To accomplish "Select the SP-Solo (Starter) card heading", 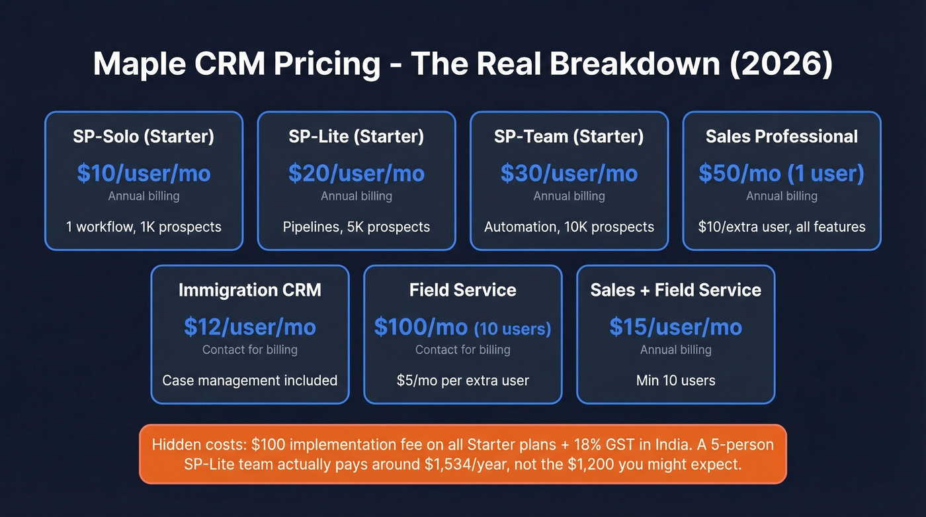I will coord(144,136).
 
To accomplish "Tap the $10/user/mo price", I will coord(144,173).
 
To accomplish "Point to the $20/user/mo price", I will coord(357,173).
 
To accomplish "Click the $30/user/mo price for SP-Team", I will coord(569,173).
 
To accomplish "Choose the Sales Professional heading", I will coord(782,136).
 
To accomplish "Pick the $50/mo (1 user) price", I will coord(782,173).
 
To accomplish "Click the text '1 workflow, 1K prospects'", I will coord(144,227).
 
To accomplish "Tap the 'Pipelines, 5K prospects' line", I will coord(357,227).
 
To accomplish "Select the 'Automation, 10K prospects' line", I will coord(569,227).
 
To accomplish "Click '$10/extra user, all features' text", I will coord(782,227).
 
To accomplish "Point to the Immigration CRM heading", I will coord(250,290).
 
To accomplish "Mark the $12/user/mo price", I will coord(250,327).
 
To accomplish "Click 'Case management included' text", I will coord(250,381).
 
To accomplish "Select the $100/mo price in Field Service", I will coord(421,327).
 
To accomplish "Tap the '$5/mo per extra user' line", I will coord(463,381).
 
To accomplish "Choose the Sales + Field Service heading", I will coord(675,290).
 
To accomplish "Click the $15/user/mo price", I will coord(675,327).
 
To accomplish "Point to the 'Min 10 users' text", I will coord(675,381).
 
